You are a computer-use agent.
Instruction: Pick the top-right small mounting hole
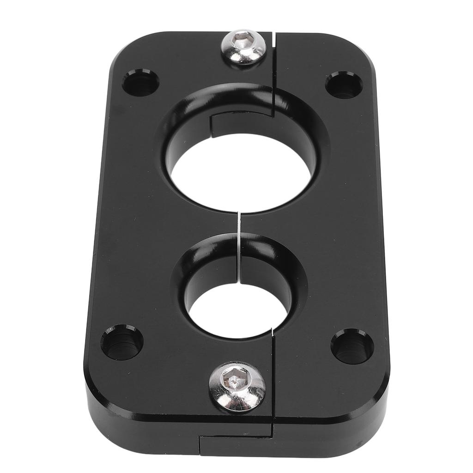coord(344,85)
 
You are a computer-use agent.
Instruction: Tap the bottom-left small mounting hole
coord(122,343)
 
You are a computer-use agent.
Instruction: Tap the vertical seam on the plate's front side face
coord(199,446)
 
